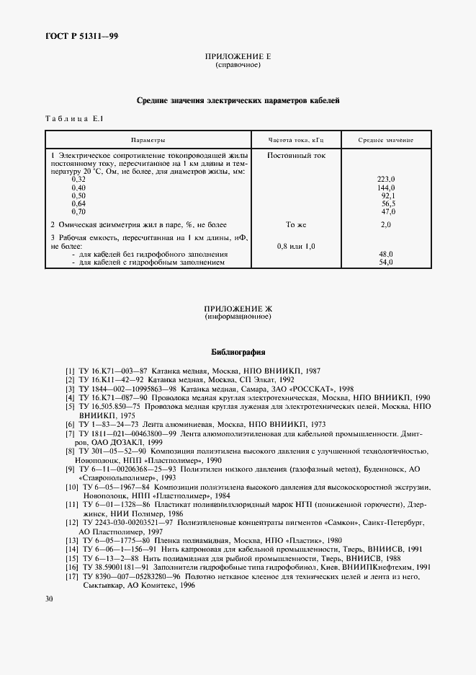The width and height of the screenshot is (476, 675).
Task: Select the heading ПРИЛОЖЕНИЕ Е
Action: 238,56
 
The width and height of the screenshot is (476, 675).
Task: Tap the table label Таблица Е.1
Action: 75,118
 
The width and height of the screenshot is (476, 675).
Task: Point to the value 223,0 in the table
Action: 387,179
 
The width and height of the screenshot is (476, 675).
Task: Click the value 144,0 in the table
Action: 387,187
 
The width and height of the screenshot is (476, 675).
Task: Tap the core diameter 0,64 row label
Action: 78,203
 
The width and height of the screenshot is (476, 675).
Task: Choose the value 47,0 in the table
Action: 388,211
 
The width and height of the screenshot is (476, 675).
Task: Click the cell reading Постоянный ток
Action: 296,155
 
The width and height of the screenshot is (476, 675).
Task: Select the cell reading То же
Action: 296,225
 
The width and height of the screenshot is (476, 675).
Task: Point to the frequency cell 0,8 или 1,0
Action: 296,246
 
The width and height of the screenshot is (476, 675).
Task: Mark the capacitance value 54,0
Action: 386,262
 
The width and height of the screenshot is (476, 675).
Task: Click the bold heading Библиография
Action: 238,353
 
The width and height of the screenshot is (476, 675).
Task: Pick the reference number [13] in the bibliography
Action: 71,539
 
